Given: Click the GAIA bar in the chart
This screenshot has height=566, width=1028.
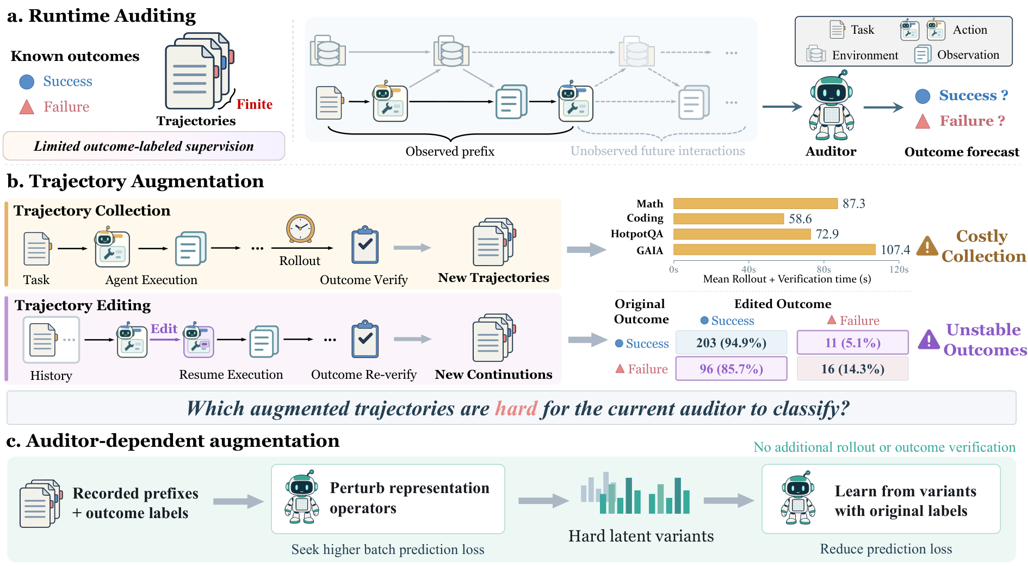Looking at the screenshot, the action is click(x=775, y=250).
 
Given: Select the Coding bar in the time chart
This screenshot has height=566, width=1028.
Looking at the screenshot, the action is click(x=729, y=219).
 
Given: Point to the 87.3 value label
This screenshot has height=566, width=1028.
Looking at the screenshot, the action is click(x=854, y=204).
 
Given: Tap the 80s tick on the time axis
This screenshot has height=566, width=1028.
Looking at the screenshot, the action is click(x=823, y=269).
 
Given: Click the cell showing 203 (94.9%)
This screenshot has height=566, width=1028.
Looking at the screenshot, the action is click(x=731, y=343).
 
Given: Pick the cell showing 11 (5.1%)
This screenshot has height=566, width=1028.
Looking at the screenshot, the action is click(x=852, y=343).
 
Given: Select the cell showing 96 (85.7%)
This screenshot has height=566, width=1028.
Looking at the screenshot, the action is click(x=731, y=368).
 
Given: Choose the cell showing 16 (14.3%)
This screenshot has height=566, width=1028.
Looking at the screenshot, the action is click(x=852, y=368).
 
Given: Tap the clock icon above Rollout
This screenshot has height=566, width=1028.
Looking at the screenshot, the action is click(x=301, y=229).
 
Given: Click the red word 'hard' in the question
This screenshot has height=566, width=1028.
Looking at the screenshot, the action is click(x=516, y=408).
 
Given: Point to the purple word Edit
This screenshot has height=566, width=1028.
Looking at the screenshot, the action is click(x=164, y=329).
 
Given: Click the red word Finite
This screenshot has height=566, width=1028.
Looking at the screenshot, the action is click(x=255, y=104).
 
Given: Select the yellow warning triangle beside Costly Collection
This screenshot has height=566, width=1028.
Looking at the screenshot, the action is click(x=927, y=246).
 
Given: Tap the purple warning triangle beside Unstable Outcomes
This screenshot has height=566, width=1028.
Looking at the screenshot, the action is click(x=929, y=340).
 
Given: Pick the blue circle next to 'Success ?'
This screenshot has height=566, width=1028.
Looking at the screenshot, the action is click(x=922, y=96).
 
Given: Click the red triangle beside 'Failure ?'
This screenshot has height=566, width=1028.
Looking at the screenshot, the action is click(x=922, y=121).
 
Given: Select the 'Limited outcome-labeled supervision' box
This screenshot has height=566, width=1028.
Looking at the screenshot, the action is click(x=144, y=146).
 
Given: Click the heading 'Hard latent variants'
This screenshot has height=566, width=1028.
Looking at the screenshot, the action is click(x=641, y=536).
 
